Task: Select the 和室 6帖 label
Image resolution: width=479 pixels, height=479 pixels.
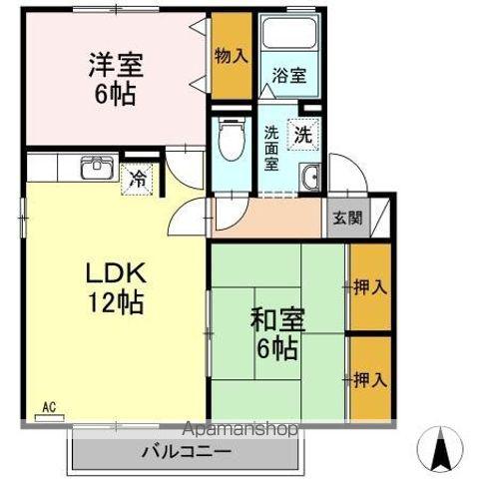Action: pos(271,334)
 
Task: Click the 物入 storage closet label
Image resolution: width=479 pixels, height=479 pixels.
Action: pos(231,56)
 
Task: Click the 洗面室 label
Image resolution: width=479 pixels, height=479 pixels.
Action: pos(272,148)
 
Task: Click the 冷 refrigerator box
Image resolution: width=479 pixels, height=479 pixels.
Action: pos(137,180)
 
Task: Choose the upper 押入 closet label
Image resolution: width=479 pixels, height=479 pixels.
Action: pos(370,287)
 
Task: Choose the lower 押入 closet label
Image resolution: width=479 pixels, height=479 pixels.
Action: pos(370,379)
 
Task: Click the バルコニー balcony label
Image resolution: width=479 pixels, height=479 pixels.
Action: pos(186,449)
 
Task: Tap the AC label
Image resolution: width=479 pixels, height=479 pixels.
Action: pos(49,406)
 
